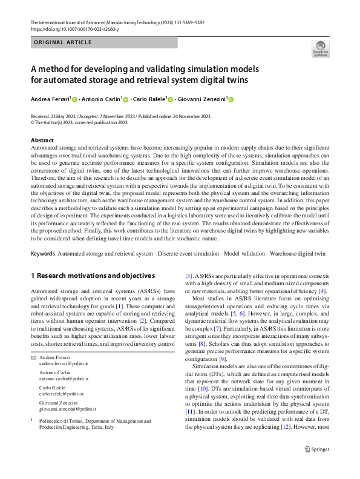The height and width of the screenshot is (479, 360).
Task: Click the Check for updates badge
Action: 320,48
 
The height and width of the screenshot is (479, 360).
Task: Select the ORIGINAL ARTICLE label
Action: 62,42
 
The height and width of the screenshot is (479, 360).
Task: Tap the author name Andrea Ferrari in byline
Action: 50,99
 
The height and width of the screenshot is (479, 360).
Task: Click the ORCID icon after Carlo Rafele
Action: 171,99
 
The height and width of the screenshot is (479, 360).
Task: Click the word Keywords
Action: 42,253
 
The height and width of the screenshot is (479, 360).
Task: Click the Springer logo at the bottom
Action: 316,465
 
